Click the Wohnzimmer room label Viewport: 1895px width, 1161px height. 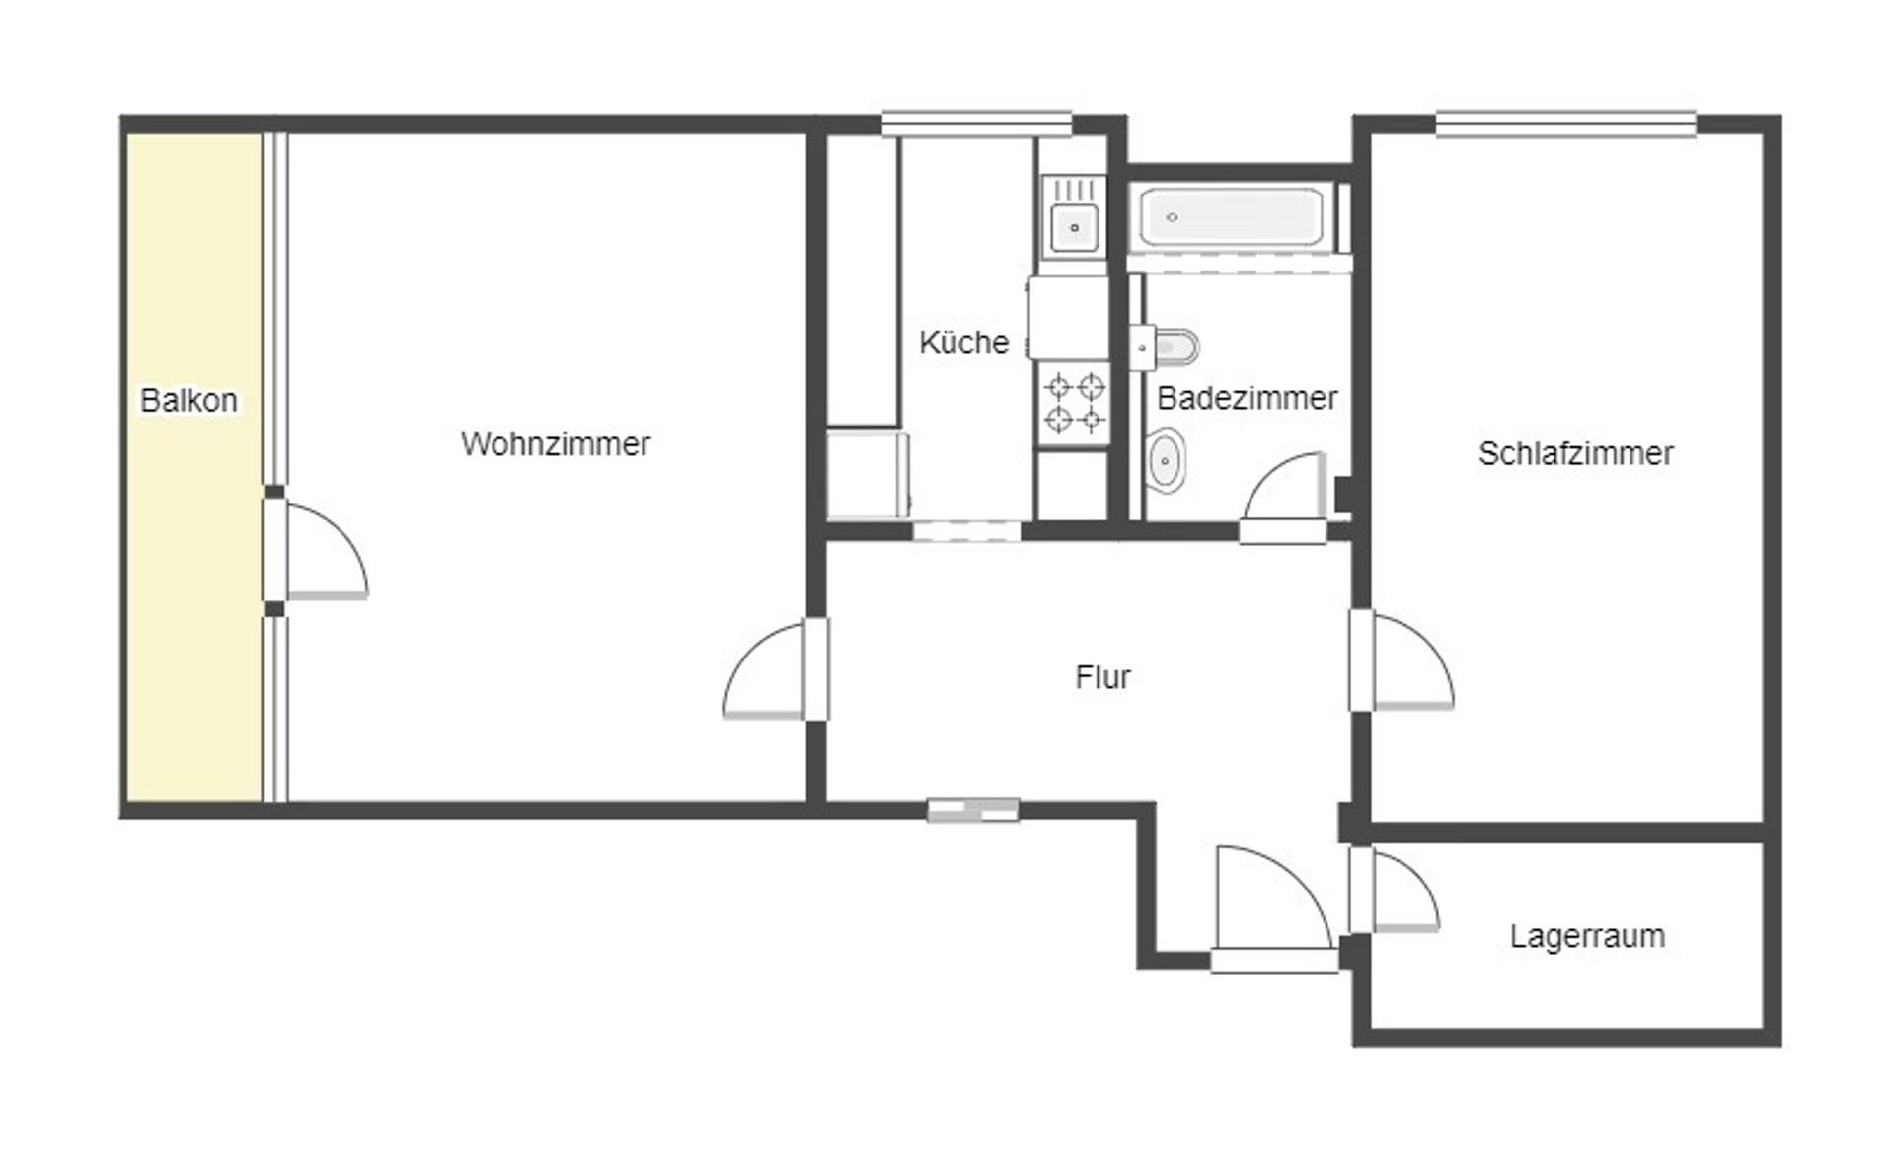click(x=555, y=444)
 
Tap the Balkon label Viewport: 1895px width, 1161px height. click(x=189, y=400)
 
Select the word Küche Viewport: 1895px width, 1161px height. click(x=963, y=343)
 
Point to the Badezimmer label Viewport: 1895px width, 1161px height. click(x=1247, y=398)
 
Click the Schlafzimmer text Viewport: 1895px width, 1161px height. click(x=1575, y=453)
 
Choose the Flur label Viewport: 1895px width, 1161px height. click(x=1102, y=677)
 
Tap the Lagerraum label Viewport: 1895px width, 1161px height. click(x=1587, y=936)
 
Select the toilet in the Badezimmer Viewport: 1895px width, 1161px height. click(x=1173, y=348)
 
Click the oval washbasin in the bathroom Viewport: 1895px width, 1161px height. click(x=1167, y=460)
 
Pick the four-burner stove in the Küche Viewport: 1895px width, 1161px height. click(x=1074, y=403)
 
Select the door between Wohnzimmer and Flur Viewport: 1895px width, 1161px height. click(x=775, y=671)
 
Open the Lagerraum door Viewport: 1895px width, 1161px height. click(x=1397, y=890)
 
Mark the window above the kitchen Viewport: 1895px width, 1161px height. click(x=976, y=123)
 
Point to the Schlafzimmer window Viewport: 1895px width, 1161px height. click(x=1565, y=123)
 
